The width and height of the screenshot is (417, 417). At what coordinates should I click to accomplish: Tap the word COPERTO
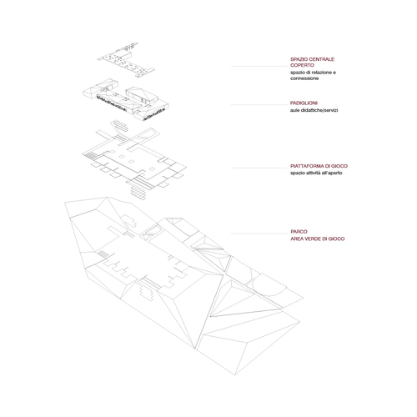302,65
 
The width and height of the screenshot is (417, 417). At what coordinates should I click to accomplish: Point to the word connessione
304,78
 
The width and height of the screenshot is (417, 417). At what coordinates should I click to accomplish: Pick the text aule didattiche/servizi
314,110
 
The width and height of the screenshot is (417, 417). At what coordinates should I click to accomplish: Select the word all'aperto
331,173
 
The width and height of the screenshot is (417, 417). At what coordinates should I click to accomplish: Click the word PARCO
299,232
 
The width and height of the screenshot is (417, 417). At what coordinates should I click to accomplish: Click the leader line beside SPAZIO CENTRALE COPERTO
259,66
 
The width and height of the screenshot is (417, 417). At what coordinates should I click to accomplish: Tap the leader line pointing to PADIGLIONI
259,105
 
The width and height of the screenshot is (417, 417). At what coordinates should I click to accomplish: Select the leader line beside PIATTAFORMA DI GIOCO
259,168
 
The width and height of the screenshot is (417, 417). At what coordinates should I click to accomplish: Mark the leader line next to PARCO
259,234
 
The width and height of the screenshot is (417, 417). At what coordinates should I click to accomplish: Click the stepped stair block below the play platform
138,193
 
